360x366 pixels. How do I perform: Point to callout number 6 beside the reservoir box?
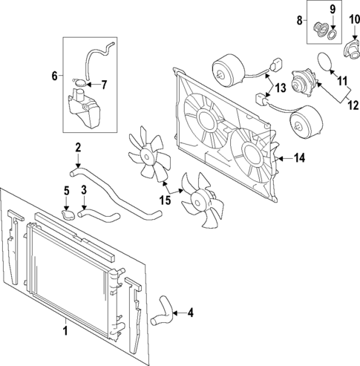click(53, 75)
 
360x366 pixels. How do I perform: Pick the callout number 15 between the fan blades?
click(166, 200)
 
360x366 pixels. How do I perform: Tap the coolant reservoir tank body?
click(82, 108)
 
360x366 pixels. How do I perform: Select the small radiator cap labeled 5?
click(68, 216)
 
